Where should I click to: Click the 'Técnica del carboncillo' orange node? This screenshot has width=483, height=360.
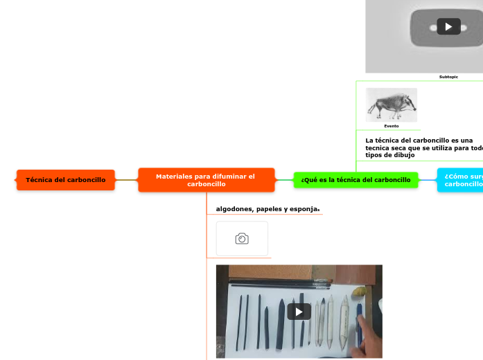click(66, 180)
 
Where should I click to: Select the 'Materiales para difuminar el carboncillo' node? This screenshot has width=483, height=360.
click(206, 180)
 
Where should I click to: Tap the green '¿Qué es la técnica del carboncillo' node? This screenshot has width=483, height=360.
click(355, 180)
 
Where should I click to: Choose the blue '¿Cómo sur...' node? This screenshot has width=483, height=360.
click(462, 180)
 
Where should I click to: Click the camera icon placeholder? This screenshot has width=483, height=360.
click(242, 239)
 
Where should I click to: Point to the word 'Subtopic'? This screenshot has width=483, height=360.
click(448, 77)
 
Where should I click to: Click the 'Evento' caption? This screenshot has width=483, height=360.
click(392, 127)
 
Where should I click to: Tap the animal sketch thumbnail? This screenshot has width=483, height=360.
click(392, 105)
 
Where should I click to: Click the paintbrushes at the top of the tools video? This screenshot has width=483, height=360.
click(277, 283)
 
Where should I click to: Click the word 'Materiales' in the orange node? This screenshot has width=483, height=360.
click(174, 177)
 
